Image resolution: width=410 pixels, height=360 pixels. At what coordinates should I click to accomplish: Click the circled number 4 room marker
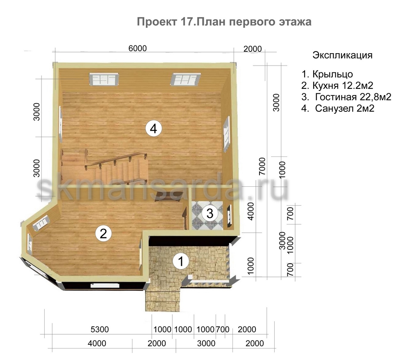tap(154, 129)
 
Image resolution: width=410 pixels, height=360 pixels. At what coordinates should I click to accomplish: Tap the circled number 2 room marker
tap(104, 233)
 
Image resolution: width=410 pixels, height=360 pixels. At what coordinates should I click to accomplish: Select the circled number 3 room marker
tap(210, 213)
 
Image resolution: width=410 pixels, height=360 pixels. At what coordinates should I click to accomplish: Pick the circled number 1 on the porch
tap(181, 261)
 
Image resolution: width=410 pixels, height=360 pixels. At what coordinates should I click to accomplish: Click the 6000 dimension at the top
tap(137, 48)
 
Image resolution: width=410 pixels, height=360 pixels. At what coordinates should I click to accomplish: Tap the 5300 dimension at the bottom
tap(100, 329)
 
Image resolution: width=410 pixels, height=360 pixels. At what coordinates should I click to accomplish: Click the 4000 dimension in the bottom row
tap(97, 343)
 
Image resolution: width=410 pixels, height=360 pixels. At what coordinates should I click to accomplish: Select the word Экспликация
tap(342, 55)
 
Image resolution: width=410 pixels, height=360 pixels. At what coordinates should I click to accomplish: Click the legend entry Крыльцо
tap(333, 74)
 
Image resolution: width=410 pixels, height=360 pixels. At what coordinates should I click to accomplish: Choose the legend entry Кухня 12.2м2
tap(343, 86)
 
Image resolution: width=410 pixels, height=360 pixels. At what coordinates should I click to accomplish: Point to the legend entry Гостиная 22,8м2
tap(353, 97)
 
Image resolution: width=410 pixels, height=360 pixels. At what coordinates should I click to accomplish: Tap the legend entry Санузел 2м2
tap(345, 108)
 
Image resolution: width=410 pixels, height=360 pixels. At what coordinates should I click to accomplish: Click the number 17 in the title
tap(186, 22)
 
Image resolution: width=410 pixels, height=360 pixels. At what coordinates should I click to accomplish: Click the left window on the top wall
tap(104, 79)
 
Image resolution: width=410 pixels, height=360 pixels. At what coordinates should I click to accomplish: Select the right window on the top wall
tap(186, 79)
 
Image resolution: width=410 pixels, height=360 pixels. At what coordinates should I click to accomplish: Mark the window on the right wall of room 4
tap(226, 134)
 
